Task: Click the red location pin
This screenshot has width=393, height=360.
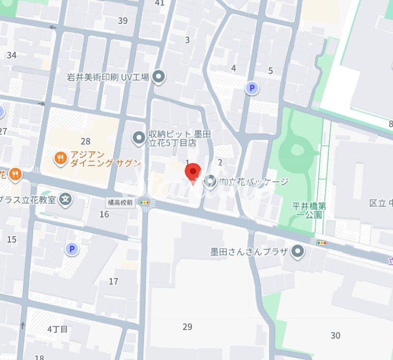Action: point(193,172)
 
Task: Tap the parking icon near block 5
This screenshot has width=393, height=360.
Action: point(252,89)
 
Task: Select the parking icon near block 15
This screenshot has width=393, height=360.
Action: point(73,249)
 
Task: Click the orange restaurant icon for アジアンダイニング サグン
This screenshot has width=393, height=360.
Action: point(60,159)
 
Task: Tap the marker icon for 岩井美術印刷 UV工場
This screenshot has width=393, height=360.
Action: point(158,77)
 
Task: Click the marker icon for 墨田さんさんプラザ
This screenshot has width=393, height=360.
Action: point(298,252)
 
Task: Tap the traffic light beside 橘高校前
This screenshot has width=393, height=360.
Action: point(145,202)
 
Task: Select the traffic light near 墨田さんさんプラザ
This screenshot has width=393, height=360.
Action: point(322,243)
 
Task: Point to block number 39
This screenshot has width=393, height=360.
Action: point(123,21)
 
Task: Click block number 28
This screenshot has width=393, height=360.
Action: point(85,142)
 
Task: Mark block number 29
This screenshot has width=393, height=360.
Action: point(187,327)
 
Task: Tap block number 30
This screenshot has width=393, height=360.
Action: point(335,336)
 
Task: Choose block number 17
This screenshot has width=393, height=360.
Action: point(114,281)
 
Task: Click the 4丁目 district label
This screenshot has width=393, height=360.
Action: point(58,329)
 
